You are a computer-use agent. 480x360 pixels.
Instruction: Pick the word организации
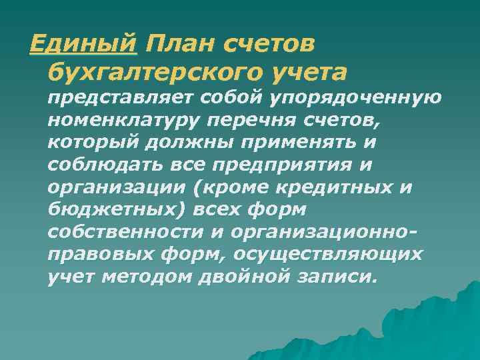[114, 188]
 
